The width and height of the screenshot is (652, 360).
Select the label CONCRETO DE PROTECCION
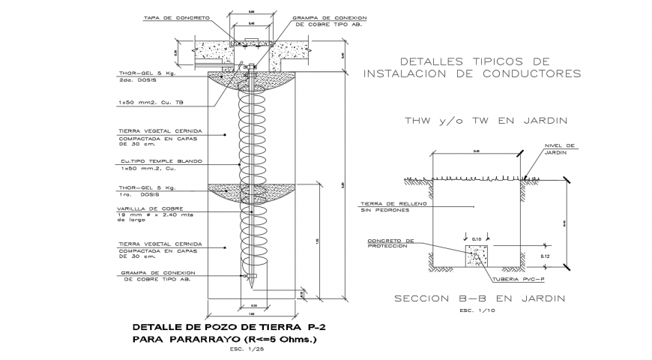[390, 244]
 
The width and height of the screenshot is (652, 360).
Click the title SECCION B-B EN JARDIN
[480, 299]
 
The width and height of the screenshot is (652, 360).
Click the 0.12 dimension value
[545, 256]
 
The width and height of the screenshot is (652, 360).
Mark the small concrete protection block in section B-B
[477, 256]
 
